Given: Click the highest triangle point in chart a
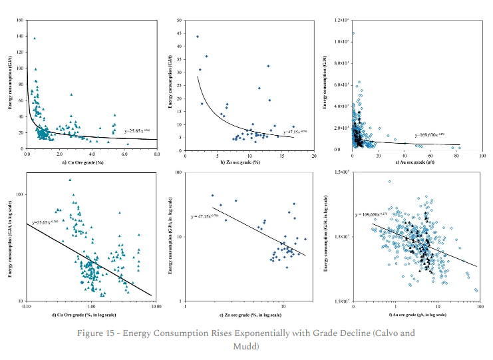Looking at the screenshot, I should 35,38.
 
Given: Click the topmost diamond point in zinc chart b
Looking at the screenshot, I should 198,37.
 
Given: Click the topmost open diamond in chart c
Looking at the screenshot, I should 353,33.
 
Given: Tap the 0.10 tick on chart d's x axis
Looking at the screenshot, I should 27,306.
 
